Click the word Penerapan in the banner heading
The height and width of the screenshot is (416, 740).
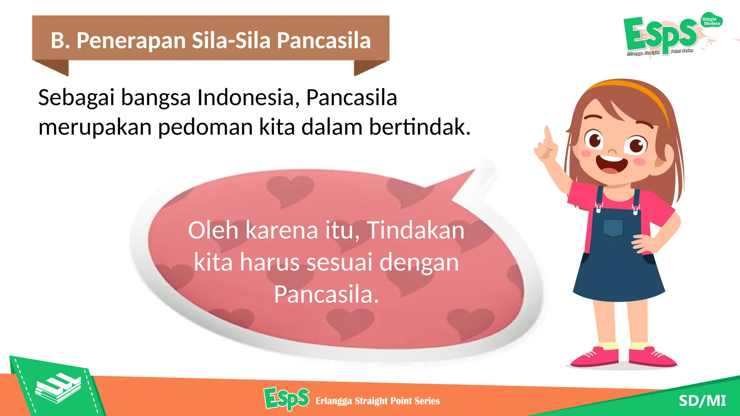click(131, 40)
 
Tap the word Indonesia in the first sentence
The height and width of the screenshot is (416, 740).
click(246, 97)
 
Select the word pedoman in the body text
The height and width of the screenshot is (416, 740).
click(206, 127)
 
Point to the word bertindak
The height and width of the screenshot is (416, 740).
click(420, 127)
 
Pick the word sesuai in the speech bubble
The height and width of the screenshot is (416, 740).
click(339, 262)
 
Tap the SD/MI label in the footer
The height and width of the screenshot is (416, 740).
click(702, 401)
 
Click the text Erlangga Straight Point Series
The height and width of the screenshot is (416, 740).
click(378, 401)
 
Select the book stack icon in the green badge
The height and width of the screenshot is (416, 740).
click(58, 388)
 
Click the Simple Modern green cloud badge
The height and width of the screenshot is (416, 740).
click(711, 21)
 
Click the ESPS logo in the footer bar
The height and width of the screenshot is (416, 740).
click(287, 399)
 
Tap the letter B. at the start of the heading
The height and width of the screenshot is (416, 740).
click(60, 40)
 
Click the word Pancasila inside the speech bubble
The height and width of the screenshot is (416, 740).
click(326, 295)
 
